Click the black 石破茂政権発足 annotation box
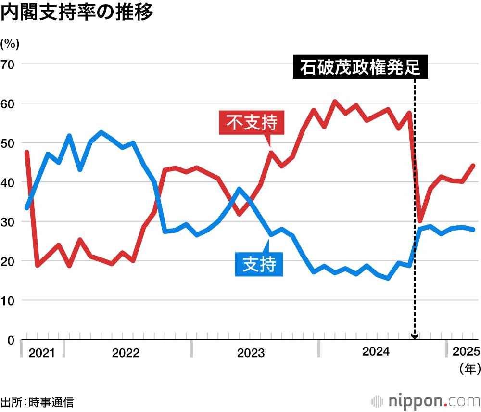(360, 68)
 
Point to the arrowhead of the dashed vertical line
(415, 336)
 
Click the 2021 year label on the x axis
(42, 353)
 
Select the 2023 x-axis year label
(251, 353)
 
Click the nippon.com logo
(426, 401)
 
